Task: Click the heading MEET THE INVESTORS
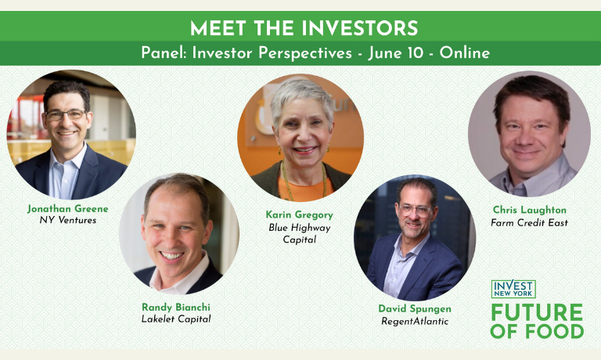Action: tap(304, 28)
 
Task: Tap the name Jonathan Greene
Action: tap(68, 208)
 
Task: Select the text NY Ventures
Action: tap(68, 220)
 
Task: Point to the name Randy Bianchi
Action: tap(176, 307)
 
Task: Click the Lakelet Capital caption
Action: tap(176, 319)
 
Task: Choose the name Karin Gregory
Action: tap(300, 214)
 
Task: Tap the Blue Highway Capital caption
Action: tap(300, 233)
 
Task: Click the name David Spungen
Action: tap(415, 308)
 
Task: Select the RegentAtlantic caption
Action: tap(415, 321)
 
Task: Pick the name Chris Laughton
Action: tap(529, 210)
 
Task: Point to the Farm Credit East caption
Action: tap(529, 222)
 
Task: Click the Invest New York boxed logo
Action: tap(513, 289)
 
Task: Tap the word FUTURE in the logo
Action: tap(537, 312)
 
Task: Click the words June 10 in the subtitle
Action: tap(395, 53)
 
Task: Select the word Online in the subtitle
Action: tap(465, 52)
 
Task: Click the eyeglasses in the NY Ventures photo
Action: tap(66, 114)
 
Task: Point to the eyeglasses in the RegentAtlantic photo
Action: tap(416, 210)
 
